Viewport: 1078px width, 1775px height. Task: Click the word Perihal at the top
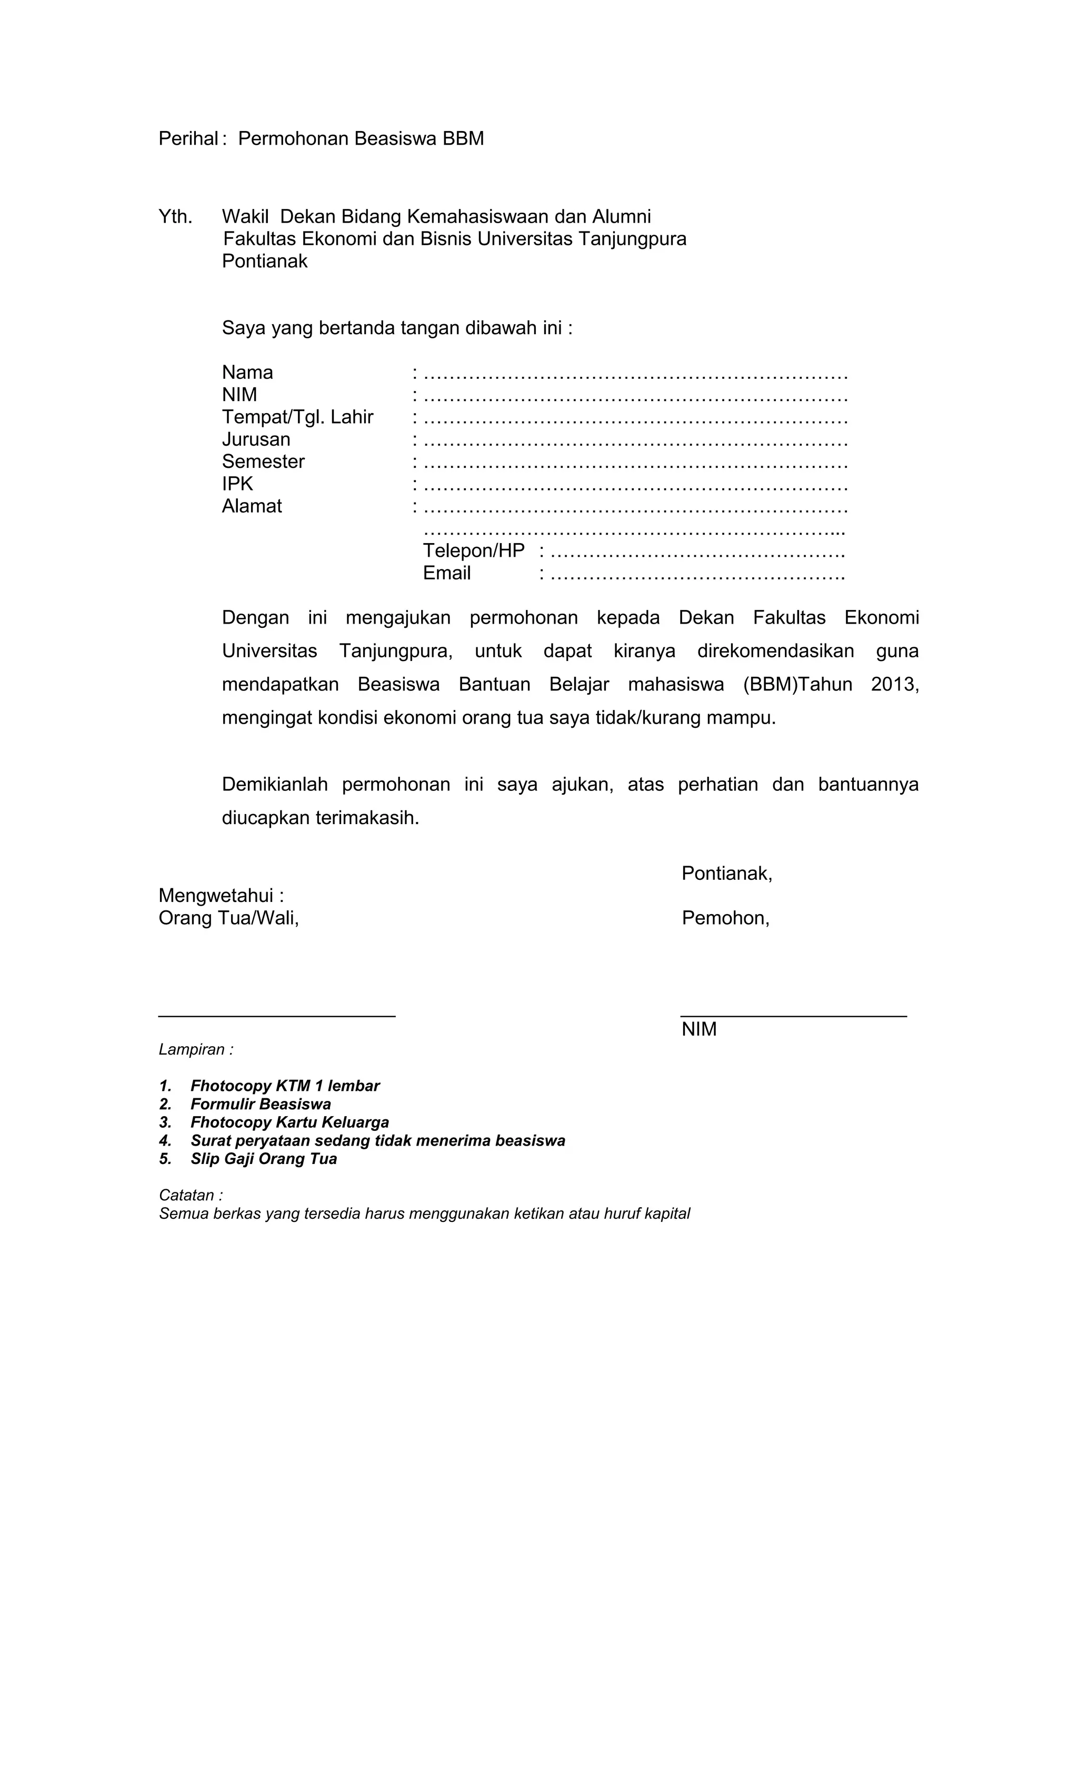tap(187, 138)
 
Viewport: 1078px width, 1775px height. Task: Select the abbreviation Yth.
tap(175, 217)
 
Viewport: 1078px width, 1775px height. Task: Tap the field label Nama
tap(247, 373)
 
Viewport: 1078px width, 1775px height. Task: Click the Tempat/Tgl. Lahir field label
tap(297, 417)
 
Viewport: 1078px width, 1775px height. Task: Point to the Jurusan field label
tap(256, 439)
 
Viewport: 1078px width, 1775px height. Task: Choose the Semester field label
tap(263, 462)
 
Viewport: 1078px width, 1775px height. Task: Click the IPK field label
tap(237, 484)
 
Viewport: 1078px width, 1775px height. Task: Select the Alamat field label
tap(252, 506)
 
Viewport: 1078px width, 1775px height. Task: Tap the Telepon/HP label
tap(473, 551)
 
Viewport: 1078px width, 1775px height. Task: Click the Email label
tap(447, 574)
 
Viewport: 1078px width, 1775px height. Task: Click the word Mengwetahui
tap(216, 896)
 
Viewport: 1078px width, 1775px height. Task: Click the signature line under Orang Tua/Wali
tap(277, 1016)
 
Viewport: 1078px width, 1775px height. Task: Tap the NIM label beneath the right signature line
tap(699, 1029)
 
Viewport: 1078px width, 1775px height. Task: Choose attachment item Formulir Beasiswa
tap(260, 1105)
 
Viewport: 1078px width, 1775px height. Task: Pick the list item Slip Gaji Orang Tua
tap(263, 1159)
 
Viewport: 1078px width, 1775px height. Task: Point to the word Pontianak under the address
tap(264, 262)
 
